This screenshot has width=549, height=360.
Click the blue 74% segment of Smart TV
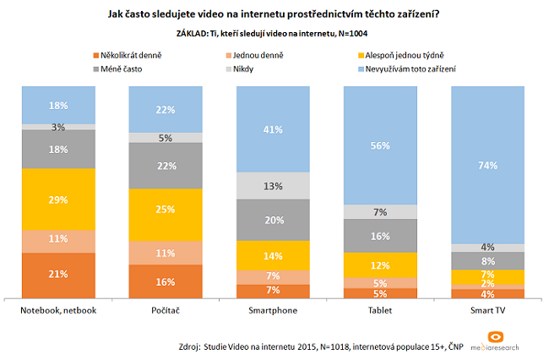point(486,166)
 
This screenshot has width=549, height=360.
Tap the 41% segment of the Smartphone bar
point(272,130)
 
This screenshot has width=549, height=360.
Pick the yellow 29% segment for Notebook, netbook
point(58,199)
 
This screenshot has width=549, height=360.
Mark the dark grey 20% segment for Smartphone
point(272,220)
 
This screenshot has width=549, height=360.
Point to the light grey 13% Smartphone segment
point(272,185)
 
